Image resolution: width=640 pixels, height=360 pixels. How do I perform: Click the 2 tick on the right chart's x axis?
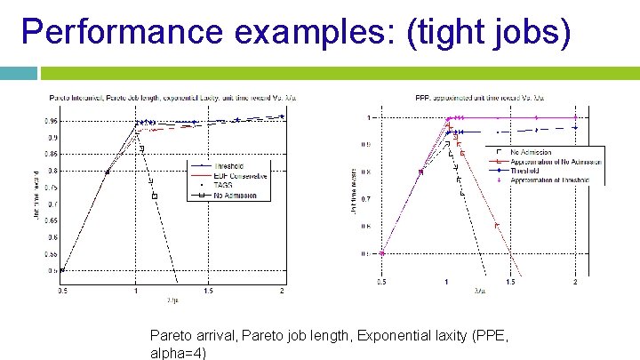coord(575,283)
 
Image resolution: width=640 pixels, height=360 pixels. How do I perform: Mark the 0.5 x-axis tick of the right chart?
coord(380,283)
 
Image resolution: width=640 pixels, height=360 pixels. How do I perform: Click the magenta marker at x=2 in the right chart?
coord(575,116)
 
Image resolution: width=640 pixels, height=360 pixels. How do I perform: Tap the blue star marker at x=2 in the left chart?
coord(282,116)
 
